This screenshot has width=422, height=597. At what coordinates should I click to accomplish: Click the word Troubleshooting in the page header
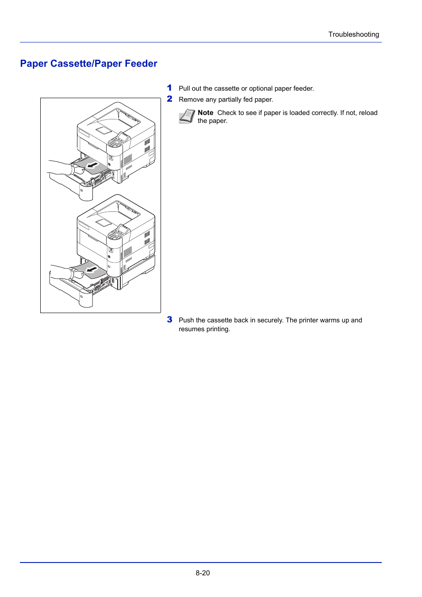353,34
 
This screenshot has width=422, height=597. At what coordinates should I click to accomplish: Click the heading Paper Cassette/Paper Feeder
88,64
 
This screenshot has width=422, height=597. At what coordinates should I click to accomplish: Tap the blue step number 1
169,88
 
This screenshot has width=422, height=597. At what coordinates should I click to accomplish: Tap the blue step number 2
169,99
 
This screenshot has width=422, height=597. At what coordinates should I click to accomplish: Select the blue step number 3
169,320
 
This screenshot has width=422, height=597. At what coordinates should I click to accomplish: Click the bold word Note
205,113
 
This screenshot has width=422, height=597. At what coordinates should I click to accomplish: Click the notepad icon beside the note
187,116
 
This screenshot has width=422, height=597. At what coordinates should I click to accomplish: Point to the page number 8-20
203,573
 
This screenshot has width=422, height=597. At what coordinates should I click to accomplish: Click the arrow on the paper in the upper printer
92,165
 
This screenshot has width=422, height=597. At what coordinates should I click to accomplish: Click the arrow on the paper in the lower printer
92,269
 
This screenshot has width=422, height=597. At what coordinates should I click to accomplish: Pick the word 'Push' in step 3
186,320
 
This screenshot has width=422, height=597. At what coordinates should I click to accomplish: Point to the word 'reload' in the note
368,113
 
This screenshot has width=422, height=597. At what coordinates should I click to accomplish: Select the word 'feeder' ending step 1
303,88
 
